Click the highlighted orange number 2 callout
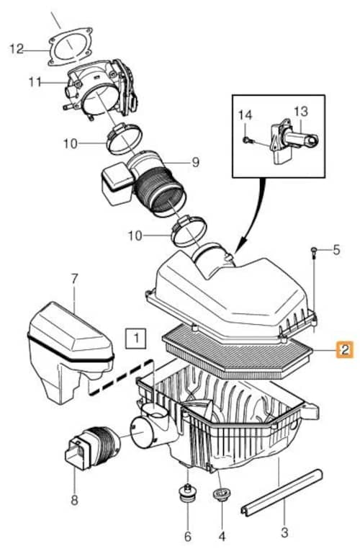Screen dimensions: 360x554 pyautogui.click(x=344, y=349)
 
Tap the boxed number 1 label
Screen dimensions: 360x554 pyautogui.click(x=137, y=338)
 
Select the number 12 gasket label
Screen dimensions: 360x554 pyautogui.click(x=17, y=49)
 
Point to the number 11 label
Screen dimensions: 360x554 pyautogui.click(x=35, y=82)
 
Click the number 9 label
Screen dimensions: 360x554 pyautogui.click(x=196, y=162)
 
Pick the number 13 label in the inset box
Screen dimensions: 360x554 pyautogui.click(x=301, y=112)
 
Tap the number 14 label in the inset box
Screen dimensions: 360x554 pyautogui.click(x=245, y=115)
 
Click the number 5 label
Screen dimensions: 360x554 pyautogui.click(x=336, y=250)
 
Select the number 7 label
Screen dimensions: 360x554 pyautogui.click(x=73, y=279)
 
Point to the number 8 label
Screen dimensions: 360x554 pyautogui.click(x=74, y=500)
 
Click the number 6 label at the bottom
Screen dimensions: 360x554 pyautogui.click(x=188, y=536)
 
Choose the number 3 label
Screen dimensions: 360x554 pyautogui.click(x=284, y=532)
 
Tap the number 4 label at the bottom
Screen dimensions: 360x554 pyautogui.click(x=222, y=536)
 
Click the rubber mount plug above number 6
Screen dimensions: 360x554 pyautogui.click(x=187, y=493)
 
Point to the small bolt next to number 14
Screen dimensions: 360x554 pyautogui.click(x=247, y=140)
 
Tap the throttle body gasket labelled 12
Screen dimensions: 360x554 pyautogui.click(x=71, y=47)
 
